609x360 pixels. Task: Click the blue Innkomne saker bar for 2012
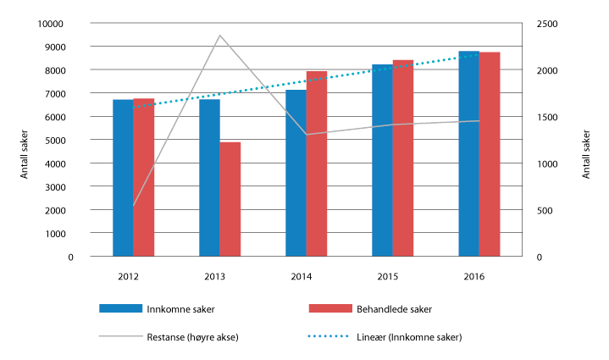click(123, 177)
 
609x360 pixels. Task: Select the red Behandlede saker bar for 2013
click(230, 198)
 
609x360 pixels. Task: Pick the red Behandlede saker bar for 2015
click(403, 157)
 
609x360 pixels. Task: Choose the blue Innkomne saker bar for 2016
click(468, 153)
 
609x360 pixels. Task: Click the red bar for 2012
click(144, 177)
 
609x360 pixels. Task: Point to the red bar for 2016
click(490, 153)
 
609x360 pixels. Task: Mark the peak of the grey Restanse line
click(219, 36)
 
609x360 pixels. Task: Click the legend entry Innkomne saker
click(174, 308)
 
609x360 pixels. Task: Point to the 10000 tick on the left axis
click(50, 24)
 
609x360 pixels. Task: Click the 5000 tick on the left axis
click(53, 140)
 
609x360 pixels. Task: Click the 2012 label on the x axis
click(129, 276)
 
